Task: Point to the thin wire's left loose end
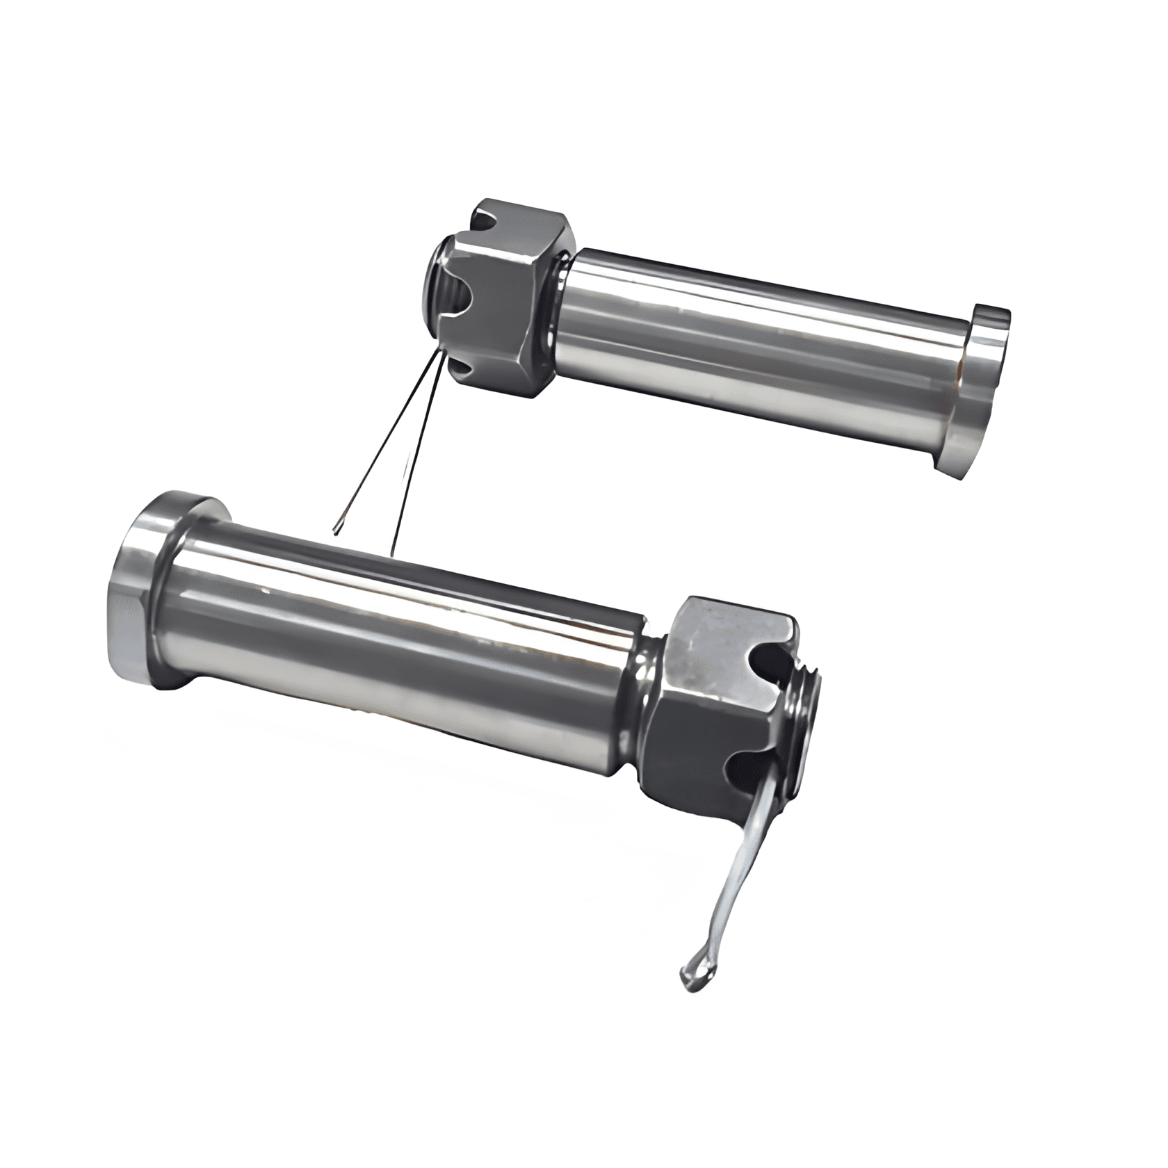(x=337, y=532)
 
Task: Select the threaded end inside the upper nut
(x=438, y=278)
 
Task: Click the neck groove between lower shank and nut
(x=643, y=681)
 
